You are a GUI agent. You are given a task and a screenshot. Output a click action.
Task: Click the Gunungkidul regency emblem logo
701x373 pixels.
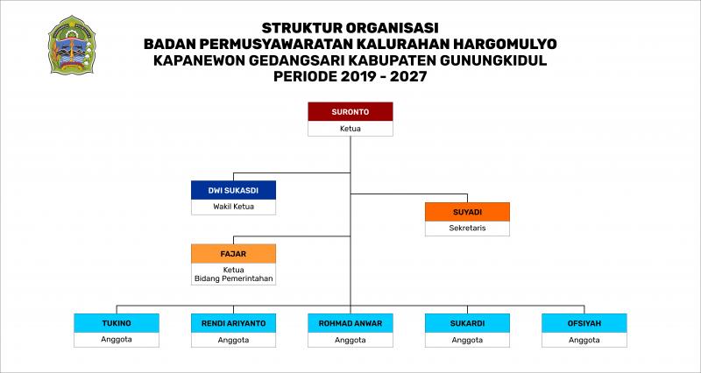point(72,45)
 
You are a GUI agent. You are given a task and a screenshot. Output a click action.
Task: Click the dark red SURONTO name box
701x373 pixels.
point(350,112)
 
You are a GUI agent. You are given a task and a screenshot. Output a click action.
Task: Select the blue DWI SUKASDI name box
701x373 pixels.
point(233,190)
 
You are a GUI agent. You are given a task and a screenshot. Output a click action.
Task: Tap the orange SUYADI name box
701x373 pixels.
point(467,212)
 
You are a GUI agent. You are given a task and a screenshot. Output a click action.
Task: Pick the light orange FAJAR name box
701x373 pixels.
point(233,254)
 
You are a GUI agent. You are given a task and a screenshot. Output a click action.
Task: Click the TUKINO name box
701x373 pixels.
point(117,323)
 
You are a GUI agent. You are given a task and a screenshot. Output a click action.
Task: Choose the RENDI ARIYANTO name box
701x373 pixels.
point(233,323)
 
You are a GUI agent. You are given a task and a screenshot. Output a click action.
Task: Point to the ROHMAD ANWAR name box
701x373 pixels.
point(350,323)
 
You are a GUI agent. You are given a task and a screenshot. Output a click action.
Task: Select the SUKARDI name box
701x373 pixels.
point(467,323)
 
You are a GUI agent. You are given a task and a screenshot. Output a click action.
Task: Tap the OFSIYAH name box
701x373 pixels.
point(584,323)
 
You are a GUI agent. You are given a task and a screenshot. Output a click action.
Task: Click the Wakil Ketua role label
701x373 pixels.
point(233,207)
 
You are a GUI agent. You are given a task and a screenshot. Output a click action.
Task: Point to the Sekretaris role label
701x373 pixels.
point(467,228)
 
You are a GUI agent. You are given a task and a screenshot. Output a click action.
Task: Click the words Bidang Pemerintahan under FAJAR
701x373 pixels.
point(233,278)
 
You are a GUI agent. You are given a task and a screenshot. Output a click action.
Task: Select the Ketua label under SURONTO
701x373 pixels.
point(350,129)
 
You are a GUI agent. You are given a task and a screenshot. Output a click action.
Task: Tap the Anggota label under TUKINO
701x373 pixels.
point(117,339)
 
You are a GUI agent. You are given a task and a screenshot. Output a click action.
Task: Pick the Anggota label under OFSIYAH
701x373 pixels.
point(584,340)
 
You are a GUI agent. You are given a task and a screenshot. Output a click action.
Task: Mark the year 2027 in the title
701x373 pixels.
point(408,76)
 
